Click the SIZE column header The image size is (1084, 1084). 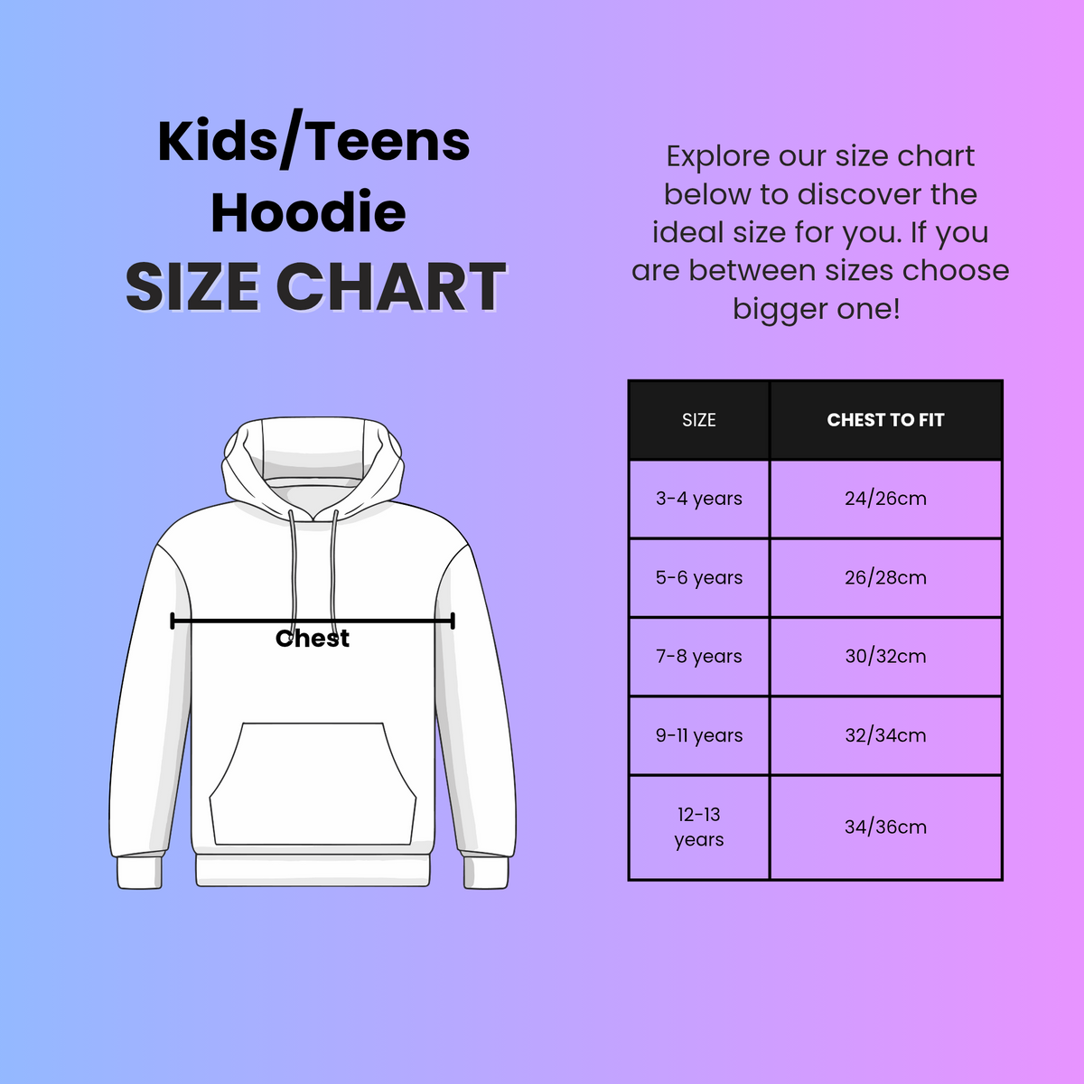tap(698, 420)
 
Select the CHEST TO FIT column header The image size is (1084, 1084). tap(885, 420)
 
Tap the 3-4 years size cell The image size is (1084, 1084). tap(698, 499)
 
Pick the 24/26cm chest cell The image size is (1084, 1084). tap(885, 499)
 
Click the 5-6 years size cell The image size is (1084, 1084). tap(698, 577)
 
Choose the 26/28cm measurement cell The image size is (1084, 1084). tap(885, 577)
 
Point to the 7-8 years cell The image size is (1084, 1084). tap(698, 657)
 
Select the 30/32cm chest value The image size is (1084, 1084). tap(885, 657)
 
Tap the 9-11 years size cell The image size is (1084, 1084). tap(698, 735)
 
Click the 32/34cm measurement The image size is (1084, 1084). tap(885, 735)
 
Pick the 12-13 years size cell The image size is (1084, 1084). tap(698, 827)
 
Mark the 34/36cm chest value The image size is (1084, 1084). tap(885, 827)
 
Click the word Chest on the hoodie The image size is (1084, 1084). tap(313, 639)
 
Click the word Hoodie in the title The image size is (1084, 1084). tap(308, 213)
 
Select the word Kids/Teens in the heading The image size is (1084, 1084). tap(313, 142)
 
